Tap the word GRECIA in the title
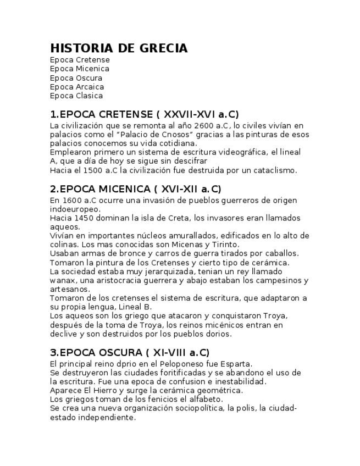pos(160,48)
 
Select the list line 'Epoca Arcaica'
pos(76,87)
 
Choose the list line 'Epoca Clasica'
pos(76,96)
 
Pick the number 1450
pos(83,218)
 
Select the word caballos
pos(279,253)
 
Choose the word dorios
pos(219,334)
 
